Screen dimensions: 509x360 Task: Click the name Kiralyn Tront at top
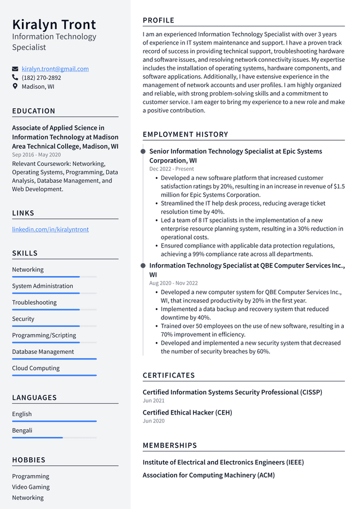[54, 24]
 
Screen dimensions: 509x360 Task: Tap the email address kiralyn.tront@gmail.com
[55, 69]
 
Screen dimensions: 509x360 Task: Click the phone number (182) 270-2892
[41, 78]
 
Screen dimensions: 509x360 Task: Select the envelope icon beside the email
[15, 69]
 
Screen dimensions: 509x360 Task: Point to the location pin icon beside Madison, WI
[15, 87]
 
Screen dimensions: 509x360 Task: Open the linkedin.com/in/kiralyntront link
[50, 229]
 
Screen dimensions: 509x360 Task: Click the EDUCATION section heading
[34, 111]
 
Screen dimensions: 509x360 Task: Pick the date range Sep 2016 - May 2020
[37, 155]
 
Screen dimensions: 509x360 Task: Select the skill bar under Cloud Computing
[54, 375]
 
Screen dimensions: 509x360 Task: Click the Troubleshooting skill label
[34, 303]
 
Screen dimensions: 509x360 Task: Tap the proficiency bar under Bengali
[54, 438]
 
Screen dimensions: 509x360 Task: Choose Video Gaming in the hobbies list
[31, 487]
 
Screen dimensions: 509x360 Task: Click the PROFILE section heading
[159, 20]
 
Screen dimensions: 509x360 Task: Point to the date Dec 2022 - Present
[172, 169]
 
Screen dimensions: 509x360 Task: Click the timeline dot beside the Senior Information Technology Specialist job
[143, 151]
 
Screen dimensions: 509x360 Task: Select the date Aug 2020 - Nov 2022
[173, 283]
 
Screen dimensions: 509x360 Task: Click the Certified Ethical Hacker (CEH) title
[187, 412]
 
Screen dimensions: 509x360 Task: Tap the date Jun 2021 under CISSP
[154, 400]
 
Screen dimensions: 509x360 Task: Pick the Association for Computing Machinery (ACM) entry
[209, 475]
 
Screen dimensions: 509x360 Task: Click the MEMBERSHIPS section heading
[170, 445]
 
